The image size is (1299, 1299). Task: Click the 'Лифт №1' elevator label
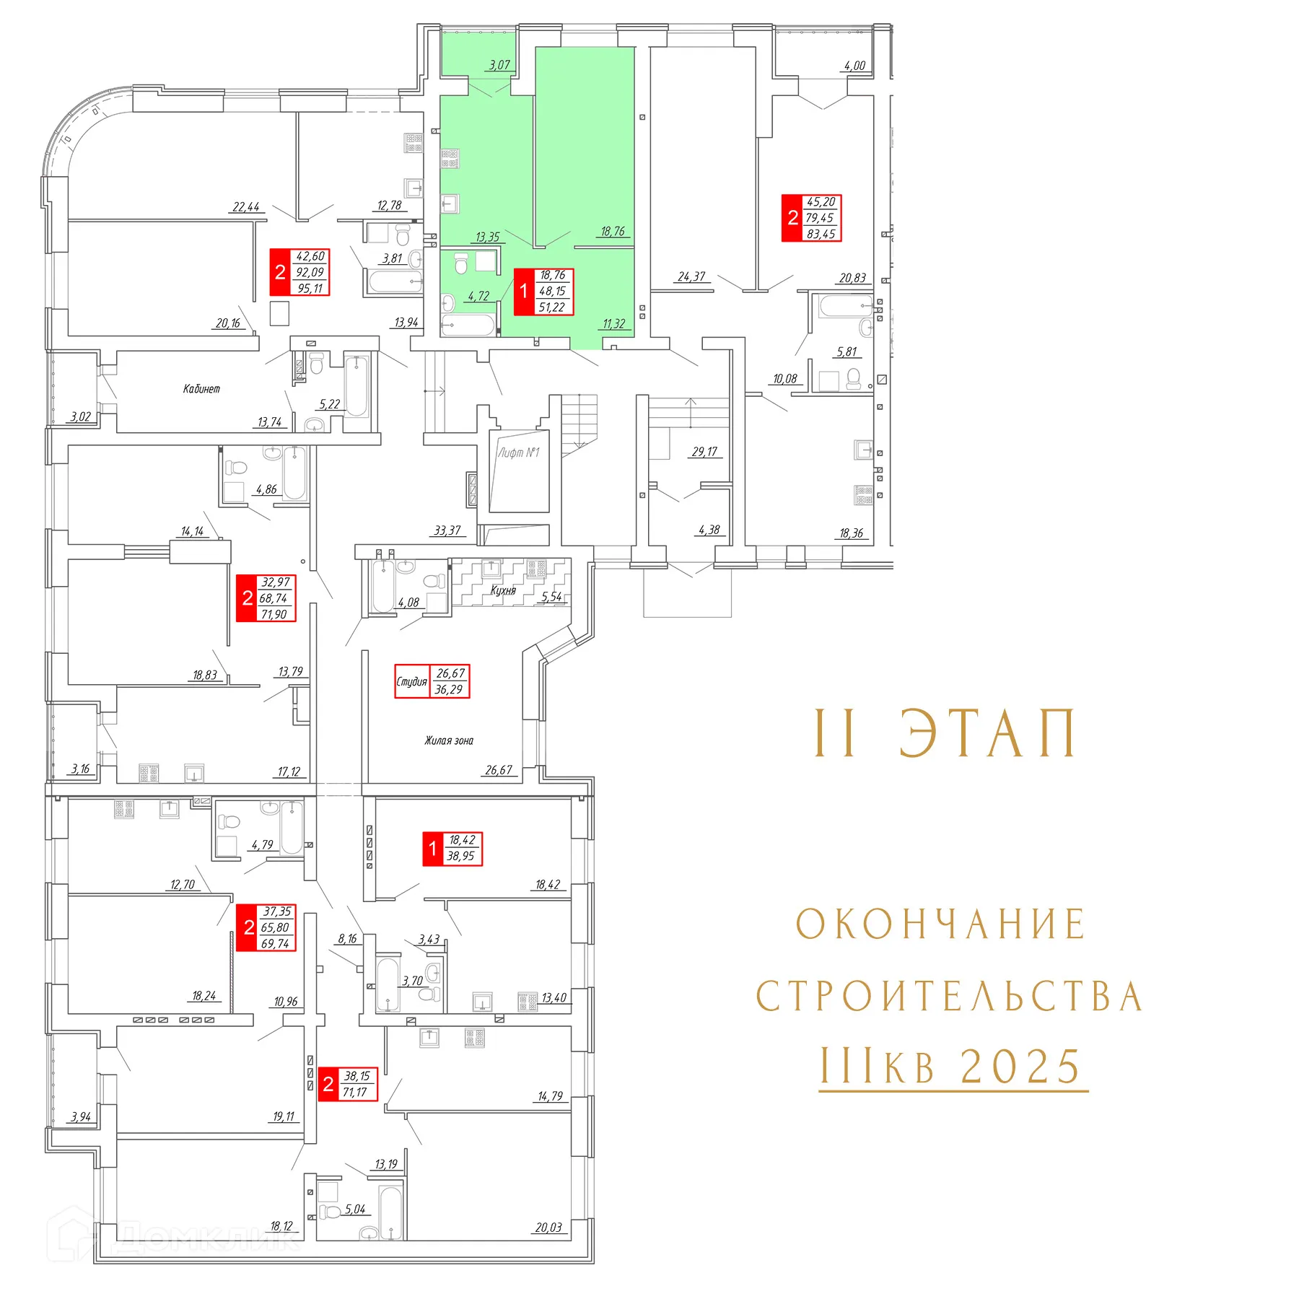518,452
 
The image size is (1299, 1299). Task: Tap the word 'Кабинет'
201,388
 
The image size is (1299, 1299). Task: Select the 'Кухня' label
503,590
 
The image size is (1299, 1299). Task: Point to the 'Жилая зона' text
449,740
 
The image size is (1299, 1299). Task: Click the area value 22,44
246,207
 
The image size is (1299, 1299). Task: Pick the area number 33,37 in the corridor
447,530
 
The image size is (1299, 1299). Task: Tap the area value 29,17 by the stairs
704,452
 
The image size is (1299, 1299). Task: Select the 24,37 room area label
691,276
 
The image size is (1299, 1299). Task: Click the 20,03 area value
548,1228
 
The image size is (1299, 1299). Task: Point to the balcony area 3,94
81,1117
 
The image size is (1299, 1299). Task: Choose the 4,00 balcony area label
854,66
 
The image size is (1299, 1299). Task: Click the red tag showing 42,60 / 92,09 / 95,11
299,272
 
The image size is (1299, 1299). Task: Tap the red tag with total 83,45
812,218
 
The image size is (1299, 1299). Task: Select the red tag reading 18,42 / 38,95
452,849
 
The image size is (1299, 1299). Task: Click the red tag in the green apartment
543,292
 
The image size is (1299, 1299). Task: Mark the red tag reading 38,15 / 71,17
347,1084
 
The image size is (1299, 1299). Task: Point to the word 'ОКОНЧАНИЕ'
941,924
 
